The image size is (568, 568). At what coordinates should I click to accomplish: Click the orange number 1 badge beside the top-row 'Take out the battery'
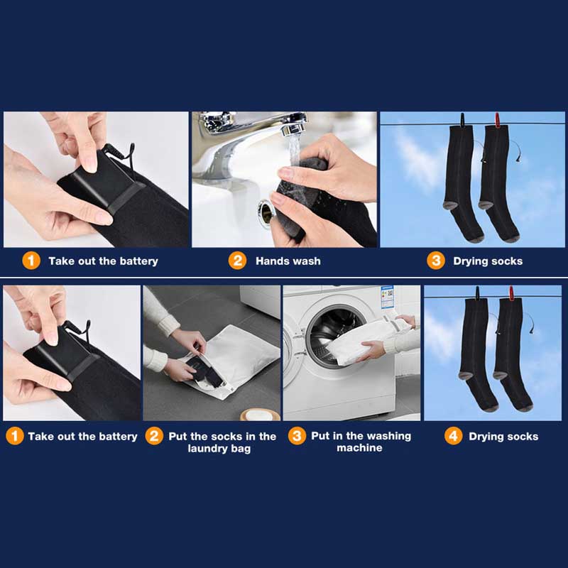[31, 261]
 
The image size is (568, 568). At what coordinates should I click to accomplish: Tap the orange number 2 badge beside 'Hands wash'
[237, 261]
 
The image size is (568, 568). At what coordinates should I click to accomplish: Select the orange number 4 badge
[454, 436]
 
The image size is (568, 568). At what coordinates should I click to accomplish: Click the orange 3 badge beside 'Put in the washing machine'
[297, 436]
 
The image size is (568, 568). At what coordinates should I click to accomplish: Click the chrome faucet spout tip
[293, 129]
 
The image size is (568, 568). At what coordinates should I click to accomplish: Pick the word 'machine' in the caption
[359, 448]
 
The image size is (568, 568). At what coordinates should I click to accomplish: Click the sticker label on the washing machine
[387, 297]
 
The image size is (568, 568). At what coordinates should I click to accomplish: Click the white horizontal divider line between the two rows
[284, 278]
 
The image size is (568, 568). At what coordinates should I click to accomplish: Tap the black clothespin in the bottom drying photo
[477, 294]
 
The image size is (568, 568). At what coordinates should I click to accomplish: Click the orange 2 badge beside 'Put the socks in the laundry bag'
[154, 436]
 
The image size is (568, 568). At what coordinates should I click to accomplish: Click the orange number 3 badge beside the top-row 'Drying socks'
[435, 261]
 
